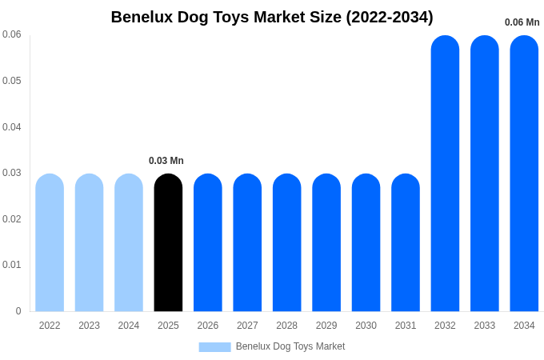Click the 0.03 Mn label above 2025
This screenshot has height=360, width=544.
(166, 161)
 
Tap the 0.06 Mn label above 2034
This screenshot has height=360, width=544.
(522, 22)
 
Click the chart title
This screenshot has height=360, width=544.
(272, 17)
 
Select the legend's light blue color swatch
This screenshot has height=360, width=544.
(214, 347)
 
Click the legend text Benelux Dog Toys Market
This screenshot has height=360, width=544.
(290, 346)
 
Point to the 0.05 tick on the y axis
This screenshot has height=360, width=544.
(12, 81)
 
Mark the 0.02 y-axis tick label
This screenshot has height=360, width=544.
(12, 219)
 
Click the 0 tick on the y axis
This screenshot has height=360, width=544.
(18, 311)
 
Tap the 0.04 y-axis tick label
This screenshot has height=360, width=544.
(12, 127)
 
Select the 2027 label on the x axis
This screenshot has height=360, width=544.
(247, 326)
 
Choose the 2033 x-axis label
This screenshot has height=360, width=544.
(485, 326)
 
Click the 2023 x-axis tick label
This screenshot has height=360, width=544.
(89, 326)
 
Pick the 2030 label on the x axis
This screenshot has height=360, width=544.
(366, 326)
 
